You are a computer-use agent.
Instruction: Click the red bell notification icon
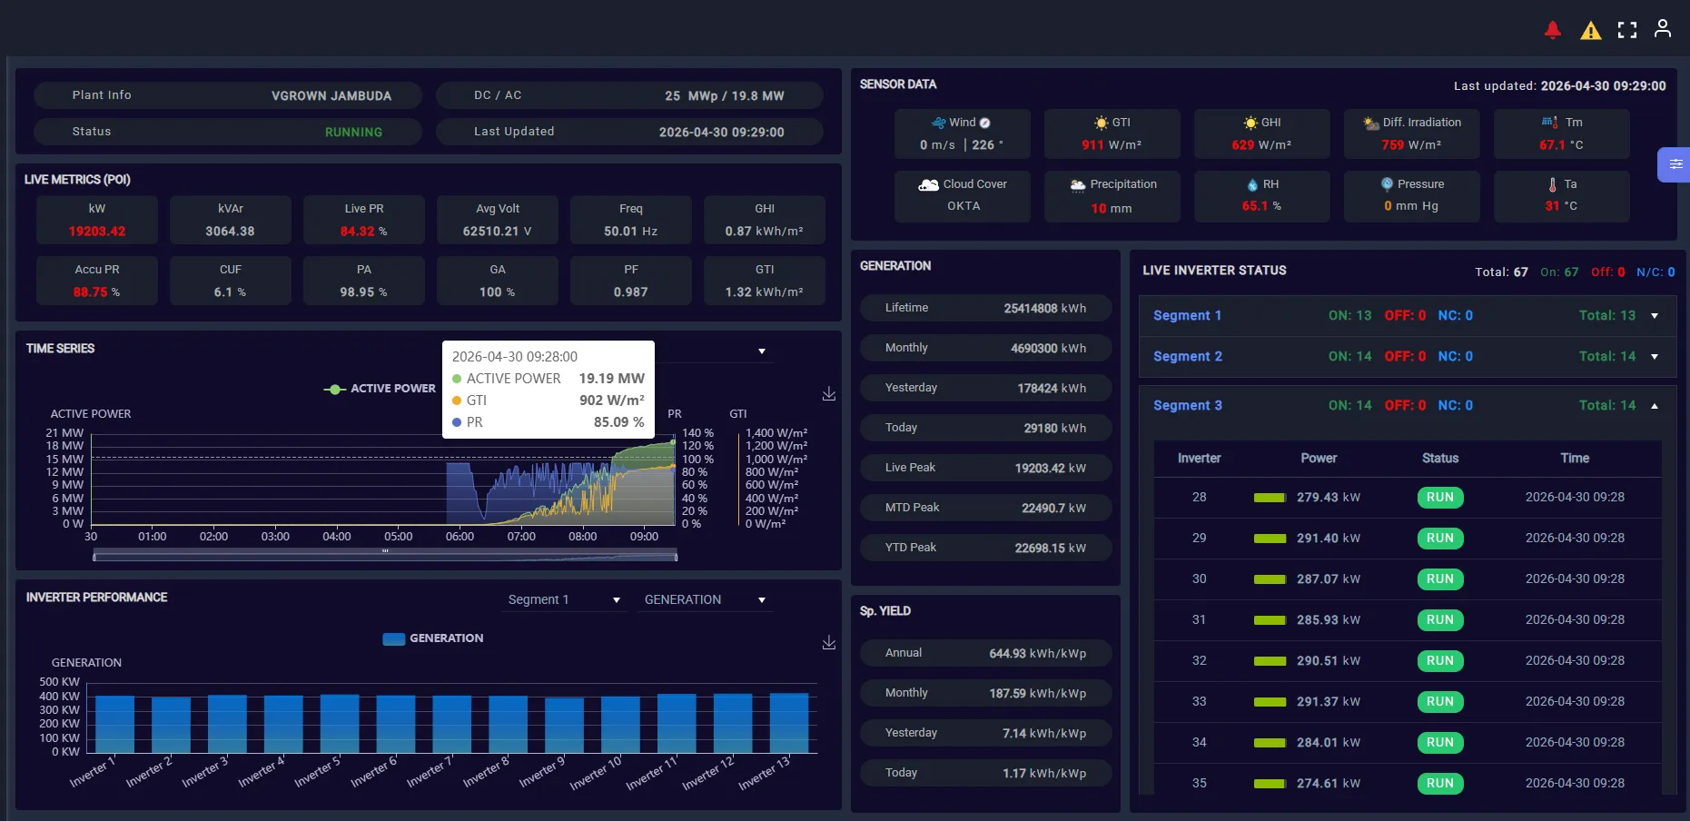(1553, 31)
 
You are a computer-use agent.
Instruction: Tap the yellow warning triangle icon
(1591, 32)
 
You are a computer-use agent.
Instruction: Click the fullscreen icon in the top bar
(1627, 31)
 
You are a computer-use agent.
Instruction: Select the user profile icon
(1663, 29)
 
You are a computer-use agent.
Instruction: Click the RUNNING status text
(353, 133)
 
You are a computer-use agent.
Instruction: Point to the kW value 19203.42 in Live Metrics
(97, 232)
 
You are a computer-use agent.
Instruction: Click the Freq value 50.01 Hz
(631, 232)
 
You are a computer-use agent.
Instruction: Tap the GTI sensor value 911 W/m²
(1112, 145)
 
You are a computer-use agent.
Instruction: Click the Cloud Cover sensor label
(975, 184)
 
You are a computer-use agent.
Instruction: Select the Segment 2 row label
(1188, 357)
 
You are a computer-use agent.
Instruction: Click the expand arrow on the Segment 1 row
(1655, 316)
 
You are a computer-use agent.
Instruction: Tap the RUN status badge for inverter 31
(1440, 620)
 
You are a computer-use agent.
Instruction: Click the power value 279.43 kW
(1329, 498)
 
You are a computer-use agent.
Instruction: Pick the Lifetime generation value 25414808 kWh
(1045, 309)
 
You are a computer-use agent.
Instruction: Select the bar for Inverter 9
(564, 726)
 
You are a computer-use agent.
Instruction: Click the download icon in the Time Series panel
(829, 394)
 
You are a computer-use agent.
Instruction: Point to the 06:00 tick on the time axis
(460, 537)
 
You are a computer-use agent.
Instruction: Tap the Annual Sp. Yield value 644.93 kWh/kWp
(1038, 654)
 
